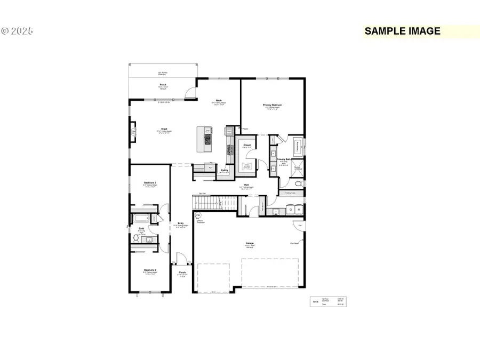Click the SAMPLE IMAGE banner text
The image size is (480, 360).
point(403,31)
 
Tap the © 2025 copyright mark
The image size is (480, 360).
point(17,31)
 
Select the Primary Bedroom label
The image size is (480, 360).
point(272,106)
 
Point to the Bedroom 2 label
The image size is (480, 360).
point(150,271)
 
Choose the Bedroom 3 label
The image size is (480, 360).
point(150,183)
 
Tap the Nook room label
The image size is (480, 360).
point(219,100)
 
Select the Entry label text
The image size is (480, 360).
point(180,223)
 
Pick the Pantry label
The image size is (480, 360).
point(225,171)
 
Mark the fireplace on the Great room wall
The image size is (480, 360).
point(133,131)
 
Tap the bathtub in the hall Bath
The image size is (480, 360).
point(142,219)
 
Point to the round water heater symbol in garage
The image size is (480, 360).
point(198,215)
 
